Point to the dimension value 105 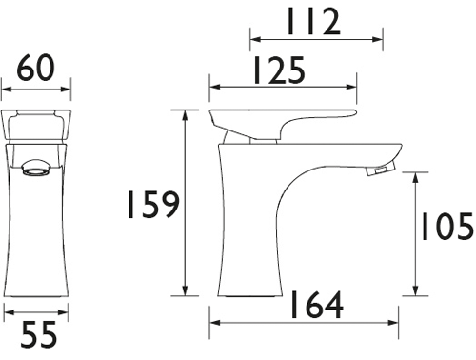pyautogui.click(x=445, y=226)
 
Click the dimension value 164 pyautogui.click(x=313, y=305)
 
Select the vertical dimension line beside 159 pyautogui.click(x=185, y=205)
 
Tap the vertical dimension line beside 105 pyautogui.click(x=414, y=233)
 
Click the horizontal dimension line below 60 pyautogui.click(x=37, y=91)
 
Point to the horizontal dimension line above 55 pyautogui.click(x=35, y=311)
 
